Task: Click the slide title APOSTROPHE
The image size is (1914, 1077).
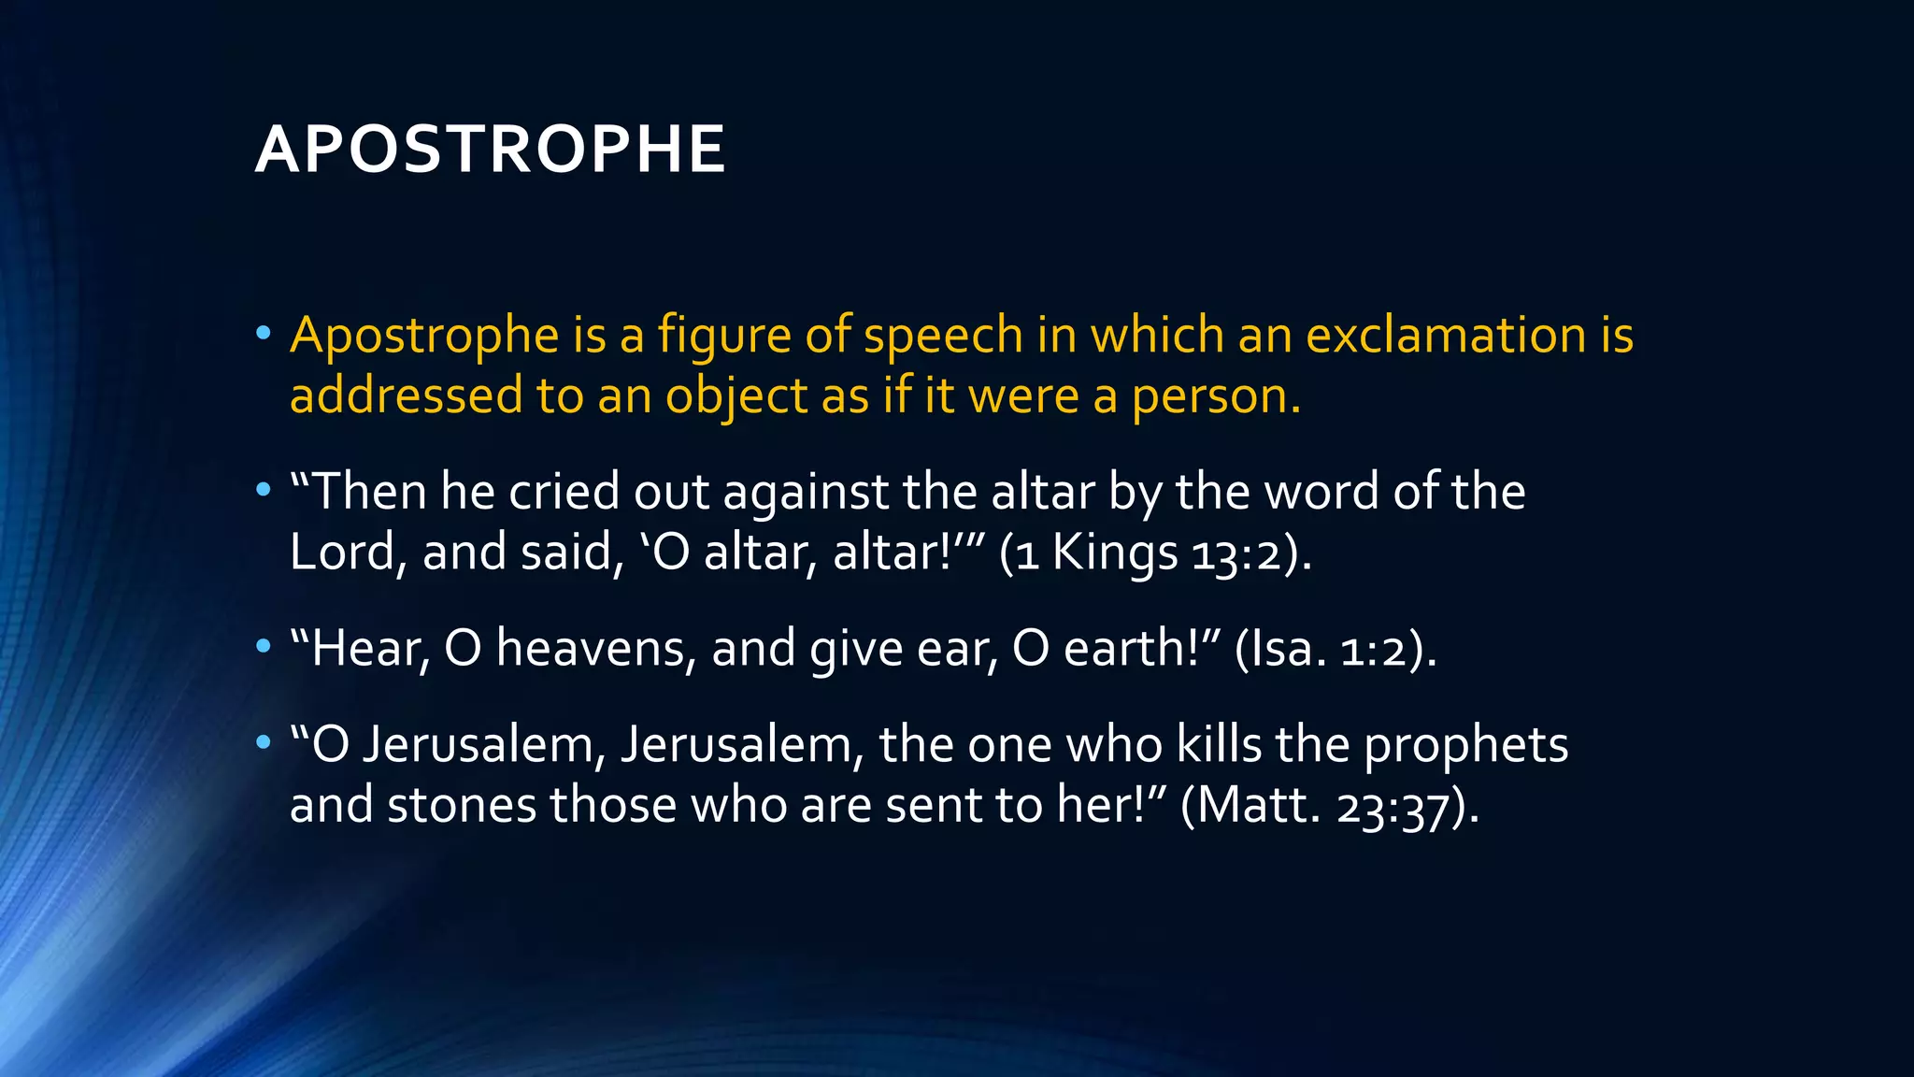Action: click(x=490, y=150)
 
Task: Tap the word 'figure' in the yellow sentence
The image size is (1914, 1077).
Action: click(x=723, y=337)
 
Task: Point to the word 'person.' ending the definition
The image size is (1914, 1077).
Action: click(x=1216, y=396)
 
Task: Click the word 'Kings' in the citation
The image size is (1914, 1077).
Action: click(x=1114, y=553)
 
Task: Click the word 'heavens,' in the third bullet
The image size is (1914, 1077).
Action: click(x=596, y=648)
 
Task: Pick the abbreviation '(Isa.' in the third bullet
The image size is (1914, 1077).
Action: click(x=1280, y=648)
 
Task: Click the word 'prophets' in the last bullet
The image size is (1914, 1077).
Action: click(x=1465, y=745)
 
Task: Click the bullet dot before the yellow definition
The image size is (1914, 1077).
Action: click(x=264, y=334)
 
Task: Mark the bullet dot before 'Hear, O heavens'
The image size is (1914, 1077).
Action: click(x=264, y=647)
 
